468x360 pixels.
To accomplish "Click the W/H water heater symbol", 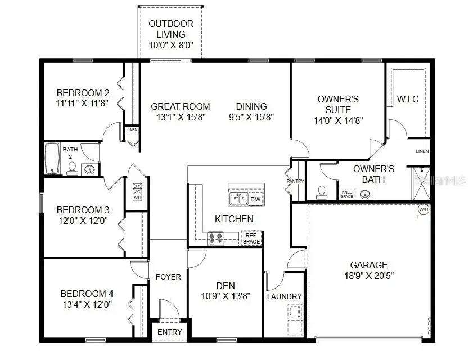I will pos(423,210).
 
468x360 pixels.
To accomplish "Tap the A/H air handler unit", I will pos(137,191).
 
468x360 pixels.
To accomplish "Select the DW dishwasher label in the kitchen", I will pos(255,199).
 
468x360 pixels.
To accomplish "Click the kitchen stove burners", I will pos(215,238).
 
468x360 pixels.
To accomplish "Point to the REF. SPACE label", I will pos(251,238).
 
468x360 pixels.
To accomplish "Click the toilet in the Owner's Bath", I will pos(322,192).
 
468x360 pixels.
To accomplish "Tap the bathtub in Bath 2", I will pos(52,159).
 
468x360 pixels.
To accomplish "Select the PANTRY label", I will pos(296,182).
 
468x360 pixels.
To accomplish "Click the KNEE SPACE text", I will pos(347,194).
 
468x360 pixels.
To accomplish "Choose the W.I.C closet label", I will pos(408,100).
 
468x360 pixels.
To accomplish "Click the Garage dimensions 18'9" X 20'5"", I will pos(368,276).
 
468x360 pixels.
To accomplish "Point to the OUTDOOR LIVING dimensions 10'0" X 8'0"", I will pos(171,44).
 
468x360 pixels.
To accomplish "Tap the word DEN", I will pos(226,286).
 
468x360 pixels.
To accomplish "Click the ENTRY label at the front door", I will pos(169,332).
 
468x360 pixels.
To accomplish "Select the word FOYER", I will pos(168,277).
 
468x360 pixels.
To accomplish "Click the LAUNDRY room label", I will pos(285,296).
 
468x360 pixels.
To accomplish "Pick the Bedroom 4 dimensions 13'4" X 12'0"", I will pos(87,304).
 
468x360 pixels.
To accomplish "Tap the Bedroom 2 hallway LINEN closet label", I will pos(132,130).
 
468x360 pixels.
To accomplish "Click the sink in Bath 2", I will pos(89,169).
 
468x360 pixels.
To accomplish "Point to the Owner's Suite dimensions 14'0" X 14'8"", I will pos(338,120).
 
